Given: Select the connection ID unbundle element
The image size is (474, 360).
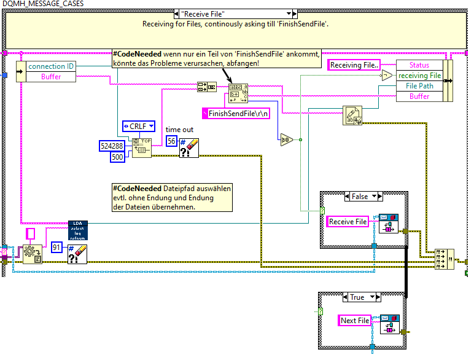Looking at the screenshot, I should pyautogui.click(x=52, y=66).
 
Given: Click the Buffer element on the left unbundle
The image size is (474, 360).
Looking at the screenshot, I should pyautogui.click(x=52, y=77).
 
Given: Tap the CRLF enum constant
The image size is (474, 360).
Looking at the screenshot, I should pyautogui.click(x=138, y=127).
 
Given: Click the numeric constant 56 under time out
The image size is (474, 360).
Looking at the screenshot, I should pyautogui.click(x=173, y=141).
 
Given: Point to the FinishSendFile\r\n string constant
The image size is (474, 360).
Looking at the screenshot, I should pyautogui.click(x=239, y=113).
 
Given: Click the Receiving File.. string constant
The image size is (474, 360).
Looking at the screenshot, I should pyautogui.click(x=354, y=65).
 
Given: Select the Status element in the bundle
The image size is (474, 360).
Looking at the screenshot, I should pyautogui.click(x=419, y=65).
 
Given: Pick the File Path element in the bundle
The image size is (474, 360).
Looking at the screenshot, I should pyautogui.click(x=419, y=86).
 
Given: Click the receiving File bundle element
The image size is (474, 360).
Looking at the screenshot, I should pyautogui.click(x=419, y=76).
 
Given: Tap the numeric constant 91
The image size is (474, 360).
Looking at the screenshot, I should pyautogui.click(x=58, y=247).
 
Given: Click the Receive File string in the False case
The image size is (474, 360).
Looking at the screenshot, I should pyautogui.click(x=348, y=222).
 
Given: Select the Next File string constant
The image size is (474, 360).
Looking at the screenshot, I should pyautogui.click(x=355, y=320).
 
